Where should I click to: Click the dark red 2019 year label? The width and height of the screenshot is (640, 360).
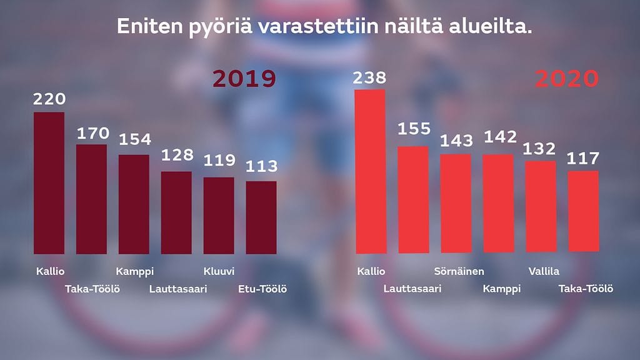point(244,79)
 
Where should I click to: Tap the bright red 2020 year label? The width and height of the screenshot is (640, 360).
point(567,79)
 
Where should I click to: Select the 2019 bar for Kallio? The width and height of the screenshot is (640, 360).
point(49,182)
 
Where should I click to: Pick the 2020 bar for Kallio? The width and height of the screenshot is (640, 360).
point(370,171)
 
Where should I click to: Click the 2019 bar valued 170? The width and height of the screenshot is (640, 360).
point(91,199)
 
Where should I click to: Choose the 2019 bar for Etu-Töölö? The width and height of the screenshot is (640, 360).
point(261,217)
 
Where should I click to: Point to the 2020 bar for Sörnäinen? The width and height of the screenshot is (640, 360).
point(456,203)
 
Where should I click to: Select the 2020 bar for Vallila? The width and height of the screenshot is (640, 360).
point(541,207)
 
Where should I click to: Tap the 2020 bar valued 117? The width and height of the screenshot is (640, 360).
point(583,212)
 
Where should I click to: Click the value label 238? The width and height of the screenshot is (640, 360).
point(369,78)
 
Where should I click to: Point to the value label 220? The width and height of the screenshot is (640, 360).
point(49,99)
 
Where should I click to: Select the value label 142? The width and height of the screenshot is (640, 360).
point(499,137)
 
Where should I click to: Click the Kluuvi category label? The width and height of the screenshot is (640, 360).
point(219,271)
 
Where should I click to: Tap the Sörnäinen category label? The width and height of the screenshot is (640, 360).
point(459,271)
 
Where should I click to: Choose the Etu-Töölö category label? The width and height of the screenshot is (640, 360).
point(262,289)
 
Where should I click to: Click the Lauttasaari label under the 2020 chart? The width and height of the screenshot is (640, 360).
point(412,289)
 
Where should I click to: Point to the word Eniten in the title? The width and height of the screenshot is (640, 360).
point(148,28)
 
